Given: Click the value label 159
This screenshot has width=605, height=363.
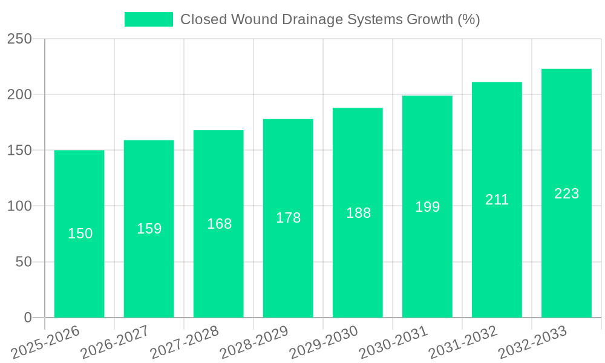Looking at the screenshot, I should pyautogui.click(x=149, y=229).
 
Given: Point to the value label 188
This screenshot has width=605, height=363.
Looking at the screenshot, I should pyautogui.click(x=358, y=213).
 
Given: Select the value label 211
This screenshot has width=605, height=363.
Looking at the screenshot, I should pyautogui.click(x=497, y=200).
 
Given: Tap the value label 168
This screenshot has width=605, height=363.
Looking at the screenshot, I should pyautogui.click(x=219, y=224).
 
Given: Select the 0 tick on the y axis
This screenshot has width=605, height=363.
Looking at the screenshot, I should pyautogui.click(x=28, y=318).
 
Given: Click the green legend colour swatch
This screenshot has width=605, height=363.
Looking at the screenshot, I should pyautogui.click(x=148, y=19).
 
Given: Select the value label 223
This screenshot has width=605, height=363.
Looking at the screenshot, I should pyautogui.click(x=567, y=194).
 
